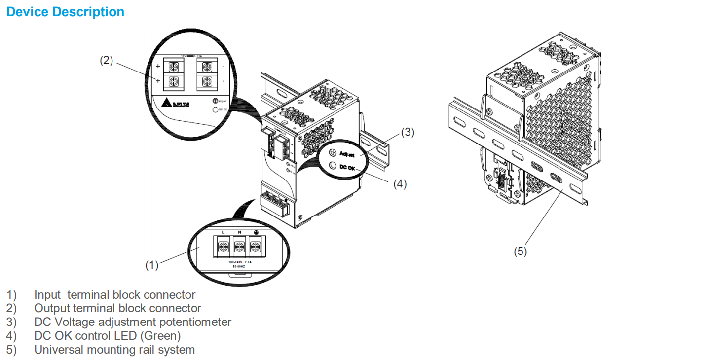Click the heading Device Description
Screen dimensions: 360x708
(x=65, y=12)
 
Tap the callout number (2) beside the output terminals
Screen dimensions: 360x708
(x=106, y=61)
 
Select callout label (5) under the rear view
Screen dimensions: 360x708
(x=520, y=251)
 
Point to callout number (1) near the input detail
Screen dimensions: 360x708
(x=152, y=265)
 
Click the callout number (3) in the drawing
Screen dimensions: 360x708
(x=408, y=132)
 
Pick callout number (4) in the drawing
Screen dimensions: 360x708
(x=400, y=184)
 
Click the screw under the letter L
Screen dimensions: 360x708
(x=224, y=245)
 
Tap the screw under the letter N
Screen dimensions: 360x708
(x=239, y=245)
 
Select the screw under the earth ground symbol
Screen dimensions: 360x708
(x=255, y=245)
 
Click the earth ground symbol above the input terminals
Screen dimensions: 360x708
(x=255, y=232)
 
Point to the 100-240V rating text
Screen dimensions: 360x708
(x=240, y=262)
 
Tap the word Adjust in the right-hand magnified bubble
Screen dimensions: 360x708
(x=347, y=154)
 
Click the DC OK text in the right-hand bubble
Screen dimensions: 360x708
(x=347, y=167)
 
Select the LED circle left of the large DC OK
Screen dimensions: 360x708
(x=334, y=166)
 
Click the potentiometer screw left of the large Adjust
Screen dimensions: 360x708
(x=334, y=152)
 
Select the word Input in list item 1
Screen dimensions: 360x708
(x=47, y=295)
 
